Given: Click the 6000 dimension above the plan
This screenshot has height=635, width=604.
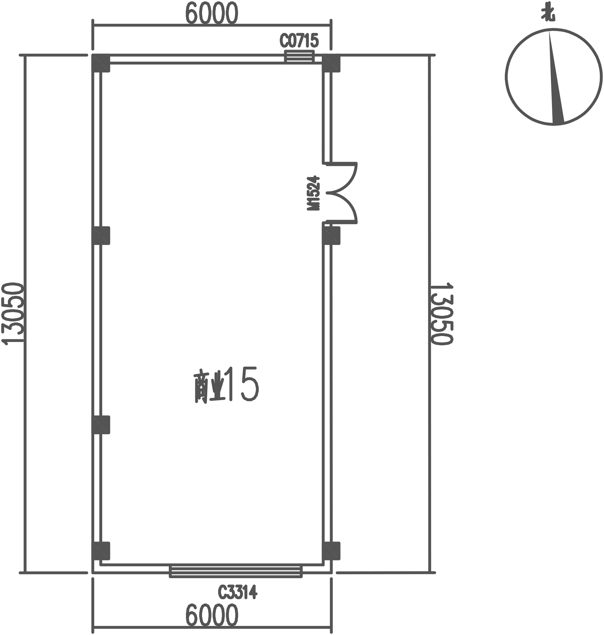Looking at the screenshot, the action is [211, 13].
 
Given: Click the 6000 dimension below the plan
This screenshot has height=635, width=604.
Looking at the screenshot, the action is [211, 615].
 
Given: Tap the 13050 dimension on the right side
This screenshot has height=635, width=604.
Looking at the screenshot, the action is [442, 314].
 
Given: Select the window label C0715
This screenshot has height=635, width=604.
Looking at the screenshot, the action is [299, 41].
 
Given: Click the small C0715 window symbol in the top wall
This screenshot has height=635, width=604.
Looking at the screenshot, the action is [299, 56].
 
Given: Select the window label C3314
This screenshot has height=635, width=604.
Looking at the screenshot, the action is [238, 592].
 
